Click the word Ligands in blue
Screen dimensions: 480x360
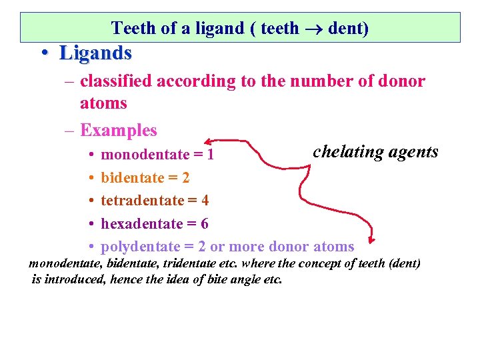95,52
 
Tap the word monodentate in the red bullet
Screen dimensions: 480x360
145,155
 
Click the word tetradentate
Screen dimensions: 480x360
141,201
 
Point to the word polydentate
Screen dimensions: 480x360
140,247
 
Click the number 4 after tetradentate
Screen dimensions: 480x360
205,201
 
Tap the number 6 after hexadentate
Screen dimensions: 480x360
205,223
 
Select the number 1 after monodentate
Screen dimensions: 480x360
210,155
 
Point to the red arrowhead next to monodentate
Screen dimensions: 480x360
208,141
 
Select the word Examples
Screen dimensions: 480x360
118,131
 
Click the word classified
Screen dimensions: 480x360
117,81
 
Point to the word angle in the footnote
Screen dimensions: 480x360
240,279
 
